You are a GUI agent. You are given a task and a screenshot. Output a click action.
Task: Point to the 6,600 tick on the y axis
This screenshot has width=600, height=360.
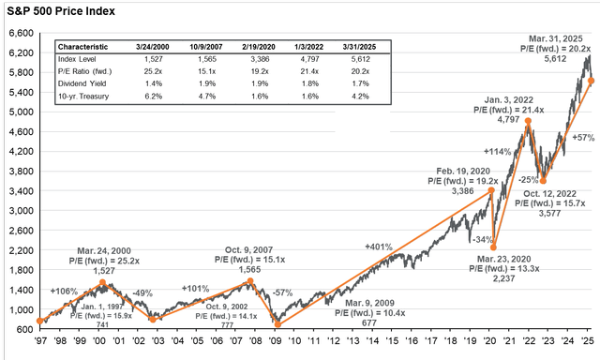21,32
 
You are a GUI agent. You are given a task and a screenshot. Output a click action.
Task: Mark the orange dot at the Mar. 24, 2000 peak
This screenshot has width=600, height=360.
103,282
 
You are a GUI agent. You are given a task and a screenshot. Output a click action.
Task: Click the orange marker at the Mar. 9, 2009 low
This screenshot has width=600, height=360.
277,324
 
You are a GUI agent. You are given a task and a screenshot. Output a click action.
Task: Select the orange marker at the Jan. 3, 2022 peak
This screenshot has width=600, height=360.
529,121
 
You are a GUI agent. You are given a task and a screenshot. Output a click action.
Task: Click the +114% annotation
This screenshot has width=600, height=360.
496,150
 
